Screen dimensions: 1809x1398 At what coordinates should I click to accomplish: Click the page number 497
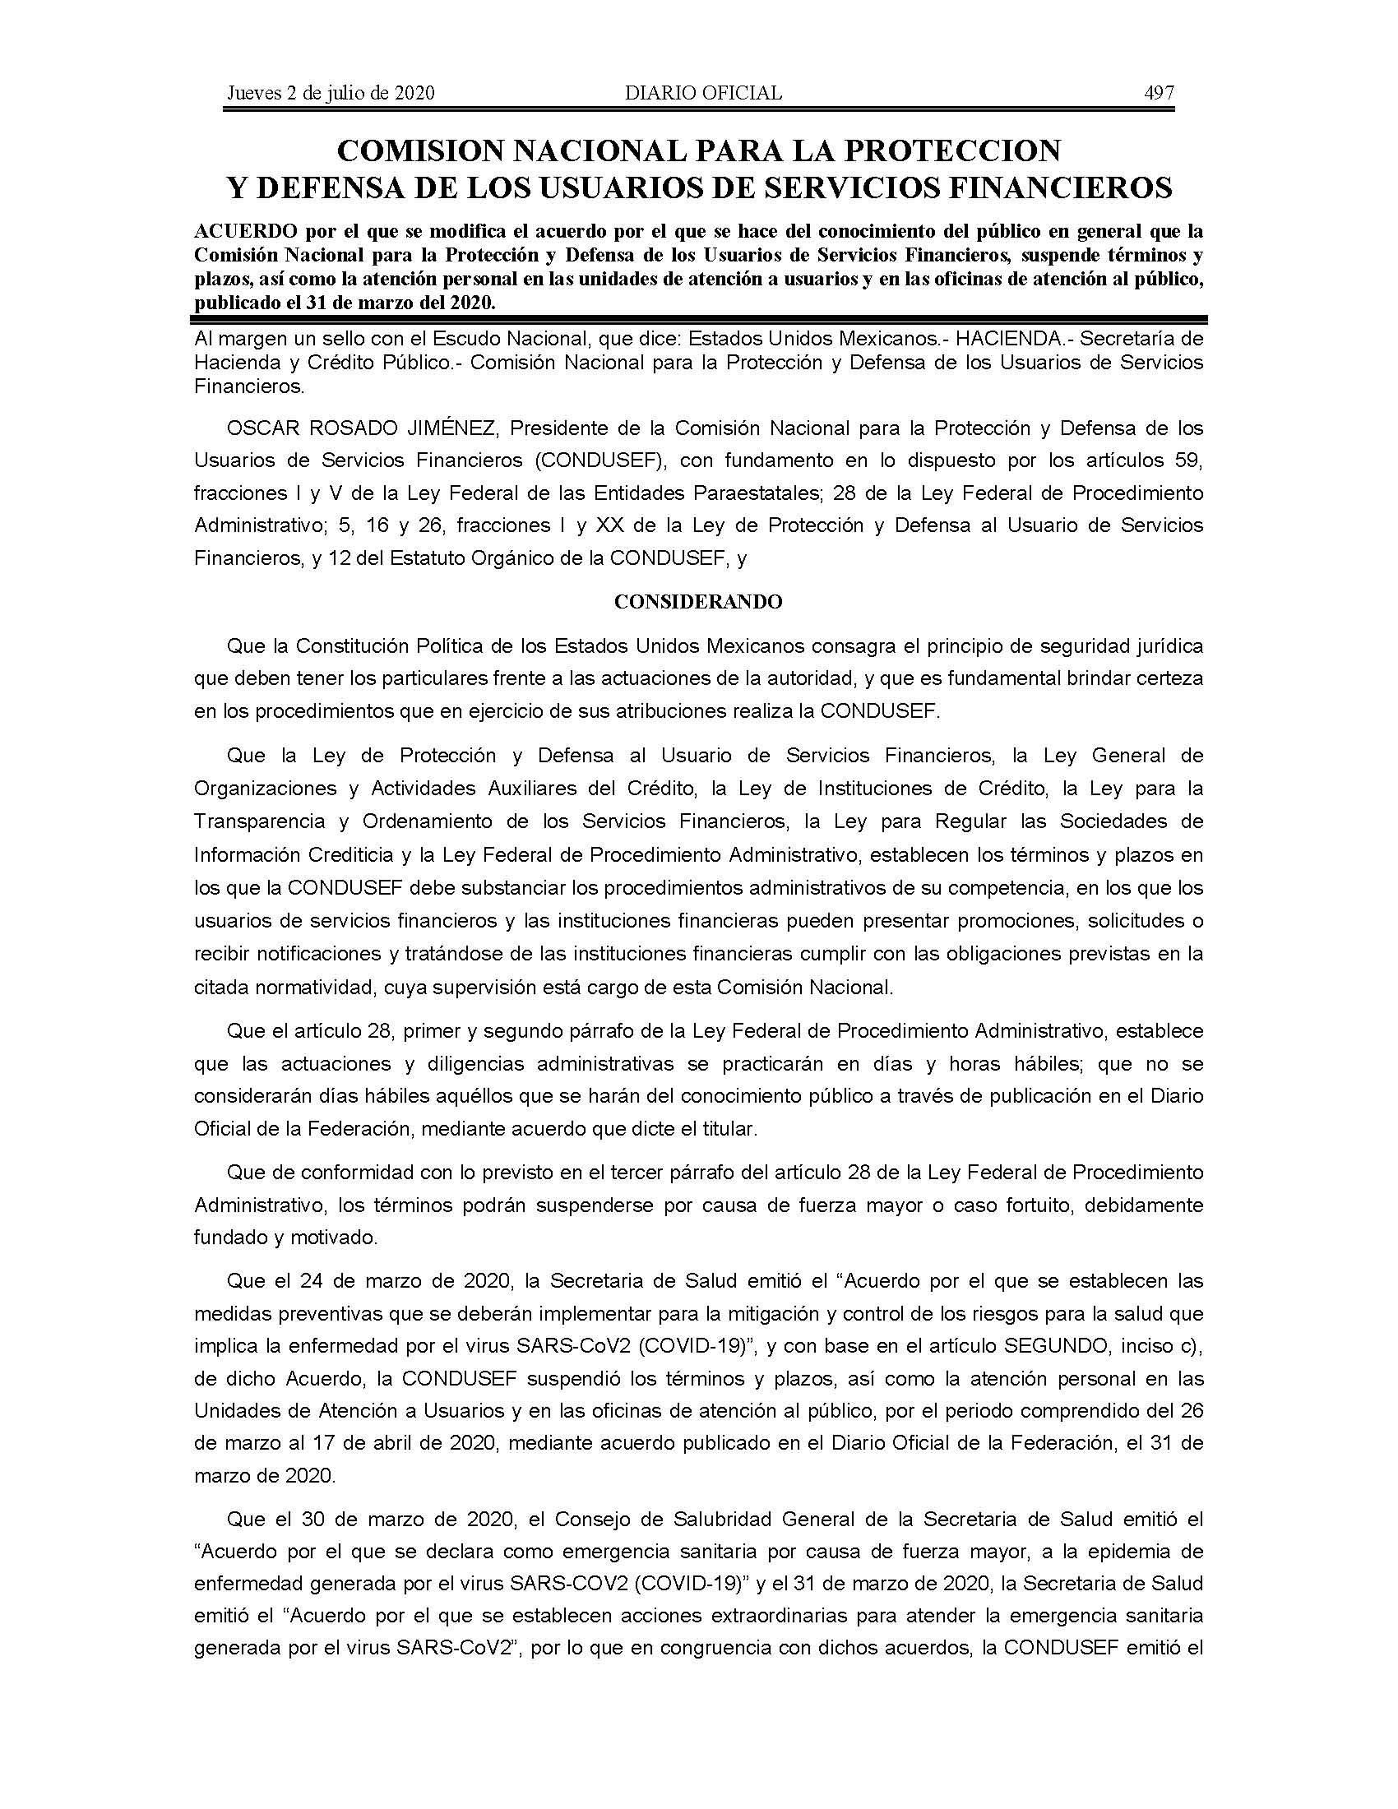[x=1159, y=93]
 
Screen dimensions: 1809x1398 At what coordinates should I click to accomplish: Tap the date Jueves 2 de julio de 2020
[x=331, y=93]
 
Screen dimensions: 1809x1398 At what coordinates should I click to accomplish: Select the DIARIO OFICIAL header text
[x=703, y=93]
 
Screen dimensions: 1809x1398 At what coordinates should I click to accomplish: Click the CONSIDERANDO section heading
[x=698, y=602]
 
